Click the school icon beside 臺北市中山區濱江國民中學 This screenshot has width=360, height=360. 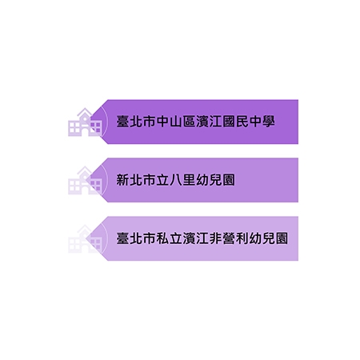pos(85,122)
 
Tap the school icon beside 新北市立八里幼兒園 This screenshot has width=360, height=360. pos(85,180)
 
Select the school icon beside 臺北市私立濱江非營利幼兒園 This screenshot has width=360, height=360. pos(85,238)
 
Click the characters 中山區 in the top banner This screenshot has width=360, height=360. pos(175,122)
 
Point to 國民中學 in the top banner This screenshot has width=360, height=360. pos(249,122)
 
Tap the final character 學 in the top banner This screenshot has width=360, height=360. pos(268,122)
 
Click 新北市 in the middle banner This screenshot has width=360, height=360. pos(136,180)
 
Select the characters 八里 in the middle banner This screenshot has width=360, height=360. pos(182,180)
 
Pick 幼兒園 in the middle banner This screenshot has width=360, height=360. pos(215,180)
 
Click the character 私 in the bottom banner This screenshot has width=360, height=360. pos(162,238)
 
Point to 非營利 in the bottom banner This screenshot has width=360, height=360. pos(229,238)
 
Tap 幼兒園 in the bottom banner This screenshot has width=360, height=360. pos(269,238)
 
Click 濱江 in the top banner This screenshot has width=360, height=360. pos(209,122)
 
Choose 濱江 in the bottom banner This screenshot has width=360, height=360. pos(195,238)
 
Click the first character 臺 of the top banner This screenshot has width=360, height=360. pos(122,122)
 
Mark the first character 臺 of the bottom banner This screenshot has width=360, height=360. pos(122,238)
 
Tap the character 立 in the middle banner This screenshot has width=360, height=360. pos(162,180)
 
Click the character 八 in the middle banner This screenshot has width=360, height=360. pos(176,180)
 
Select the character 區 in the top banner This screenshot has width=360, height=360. pos(189,122)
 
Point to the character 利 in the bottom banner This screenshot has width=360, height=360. pos(242,238)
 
